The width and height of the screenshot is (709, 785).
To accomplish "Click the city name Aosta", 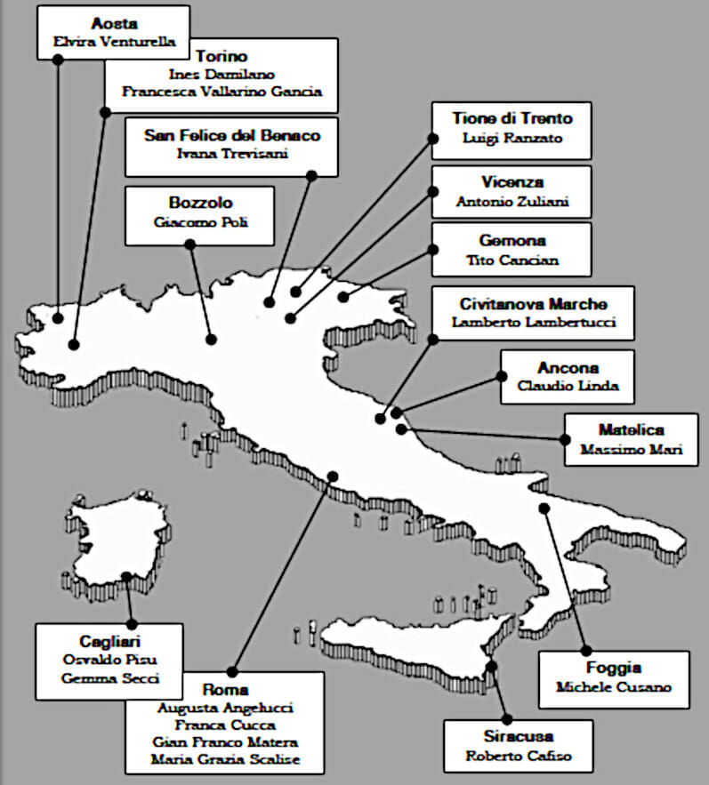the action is (x=114, y=23).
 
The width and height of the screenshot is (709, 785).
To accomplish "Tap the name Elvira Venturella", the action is (x=114, y=42).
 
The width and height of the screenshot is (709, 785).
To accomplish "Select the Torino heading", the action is (x=222, y=56).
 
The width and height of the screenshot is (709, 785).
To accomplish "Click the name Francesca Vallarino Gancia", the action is (x=222, y=92).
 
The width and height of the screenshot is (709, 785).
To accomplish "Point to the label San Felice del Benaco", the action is (x=232, y=135).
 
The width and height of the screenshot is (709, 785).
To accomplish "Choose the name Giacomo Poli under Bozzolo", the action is (x=200, y=221).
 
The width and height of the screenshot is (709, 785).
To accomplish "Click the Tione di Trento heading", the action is (x=512, y=118).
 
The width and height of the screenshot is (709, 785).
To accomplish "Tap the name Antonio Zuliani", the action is (x=512, y=202).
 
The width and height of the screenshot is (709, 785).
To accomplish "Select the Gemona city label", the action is (x=512, y=241).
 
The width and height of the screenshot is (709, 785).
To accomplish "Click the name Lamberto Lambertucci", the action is (x=534, y=322).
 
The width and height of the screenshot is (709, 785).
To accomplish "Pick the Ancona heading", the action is (x=568, y=368).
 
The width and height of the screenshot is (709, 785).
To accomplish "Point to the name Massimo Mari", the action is (x=632, y=449).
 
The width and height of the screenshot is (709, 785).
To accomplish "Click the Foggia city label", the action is (x=613, y=668).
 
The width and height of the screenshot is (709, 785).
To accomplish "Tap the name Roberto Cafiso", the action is (x=518, y=756).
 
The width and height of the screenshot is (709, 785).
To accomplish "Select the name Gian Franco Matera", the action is (x=225, y=742).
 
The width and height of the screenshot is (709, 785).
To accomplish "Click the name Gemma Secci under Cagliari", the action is (x=109, y=678).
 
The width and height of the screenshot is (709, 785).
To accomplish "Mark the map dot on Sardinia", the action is (x=127, y=577).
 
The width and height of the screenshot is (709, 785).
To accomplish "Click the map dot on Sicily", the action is (x=492, y=666).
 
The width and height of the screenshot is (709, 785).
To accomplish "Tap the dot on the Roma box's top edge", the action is (x=232, y=672).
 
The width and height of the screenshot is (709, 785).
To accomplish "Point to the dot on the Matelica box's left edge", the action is (x=565, y=439).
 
